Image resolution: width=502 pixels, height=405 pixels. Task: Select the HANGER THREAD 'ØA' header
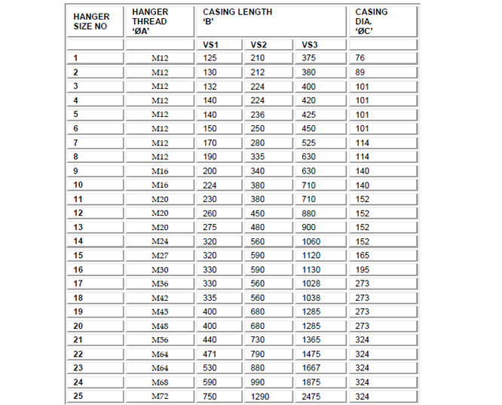[x=150, y=21]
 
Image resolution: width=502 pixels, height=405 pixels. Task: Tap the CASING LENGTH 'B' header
[x=237, y=17]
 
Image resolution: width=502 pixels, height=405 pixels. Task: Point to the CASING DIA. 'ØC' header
[x=372, y=21]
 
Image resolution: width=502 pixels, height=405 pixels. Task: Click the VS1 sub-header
[x=212, y=44]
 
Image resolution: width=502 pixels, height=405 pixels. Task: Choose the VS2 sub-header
[x=259, y=44]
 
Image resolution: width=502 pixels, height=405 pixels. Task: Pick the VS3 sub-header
[x=310, y=44]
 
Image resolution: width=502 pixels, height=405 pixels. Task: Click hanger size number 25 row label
[x=78, y=397]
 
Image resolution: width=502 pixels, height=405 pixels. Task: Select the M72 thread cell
[x=159, y=397]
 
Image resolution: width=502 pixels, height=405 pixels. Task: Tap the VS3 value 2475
[x=312, y=397]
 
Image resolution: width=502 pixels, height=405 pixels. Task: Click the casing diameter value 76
[x=360, y=58]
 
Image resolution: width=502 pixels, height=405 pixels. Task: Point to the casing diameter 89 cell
[x=360, y=72]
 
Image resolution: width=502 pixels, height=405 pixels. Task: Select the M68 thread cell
[x=159, y=382]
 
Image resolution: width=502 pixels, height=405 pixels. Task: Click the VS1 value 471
[x=210, y=354]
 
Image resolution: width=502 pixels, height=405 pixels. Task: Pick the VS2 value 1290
[x=260, y=397]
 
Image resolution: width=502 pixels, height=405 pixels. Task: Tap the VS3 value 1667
[x=312, y=368]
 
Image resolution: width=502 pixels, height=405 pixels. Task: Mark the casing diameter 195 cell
[x=363, y=269]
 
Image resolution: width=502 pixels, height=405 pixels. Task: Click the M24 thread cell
[x=159, y=241]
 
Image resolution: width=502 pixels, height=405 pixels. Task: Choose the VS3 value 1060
[x=312, y=241]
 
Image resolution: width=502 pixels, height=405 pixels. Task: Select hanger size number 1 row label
[x=75, y=58]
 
